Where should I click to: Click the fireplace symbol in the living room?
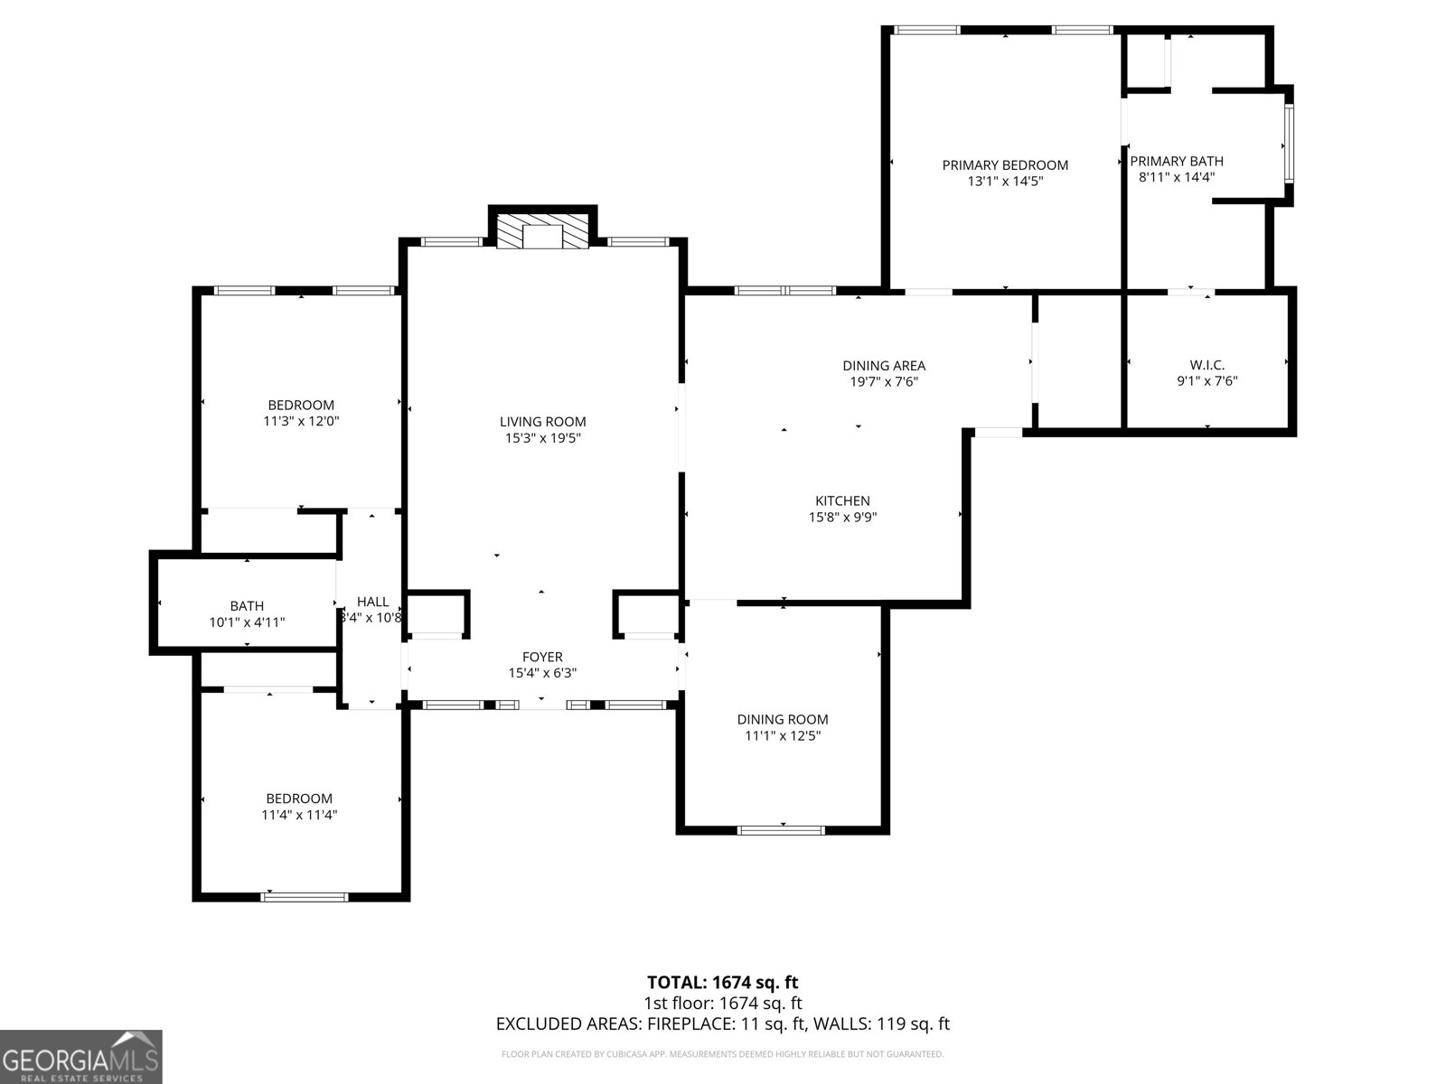coord(542,231)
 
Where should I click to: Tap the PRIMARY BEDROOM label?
coord(1005,165)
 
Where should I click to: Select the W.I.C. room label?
coord(1207,365)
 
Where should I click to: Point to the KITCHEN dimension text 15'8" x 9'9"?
coord(842,518)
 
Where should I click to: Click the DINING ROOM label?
coord(783,719)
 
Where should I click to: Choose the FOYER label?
coord(542,657)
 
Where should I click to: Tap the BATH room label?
coord(247,606)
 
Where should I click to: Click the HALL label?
coord(372,602)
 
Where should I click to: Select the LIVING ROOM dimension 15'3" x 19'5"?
coord(542,438)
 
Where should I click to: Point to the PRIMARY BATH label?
coord(1176,161)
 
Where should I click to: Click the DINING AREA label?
coord(884,366)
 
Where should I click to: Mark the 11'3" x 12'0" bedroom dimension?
coord(300,421)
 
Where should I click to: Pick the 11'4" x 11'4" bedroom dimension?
coord(299,815)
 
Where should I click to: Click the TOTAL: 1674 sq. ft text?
coord(722,982)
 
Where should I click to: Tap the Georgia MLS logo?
coord(80,1057)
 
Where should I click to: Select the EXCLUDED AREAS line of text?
coord(722,1023)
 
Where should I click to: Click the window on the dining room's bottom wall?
coord(782,829)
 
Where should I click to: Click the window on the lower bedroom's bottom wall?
coord(305,897)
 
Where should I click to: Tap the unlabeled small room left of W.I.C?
coord(1078,361)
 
